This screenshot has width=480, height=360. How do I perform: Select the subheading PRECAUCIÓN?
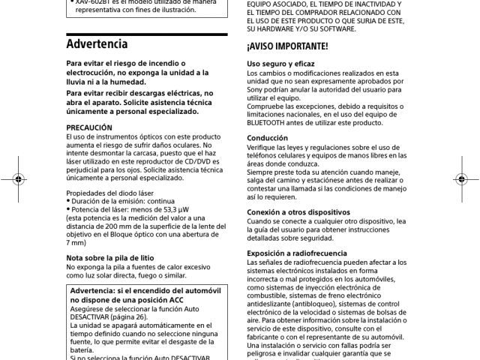point(89,128)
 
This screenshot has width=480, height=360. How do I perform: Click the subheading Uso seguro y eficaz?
point(281,64)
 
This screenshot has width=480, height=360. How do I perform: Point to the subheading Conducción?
point(268,138)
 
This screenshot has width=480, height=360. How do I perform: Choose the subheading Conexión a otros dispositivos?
point(298,212)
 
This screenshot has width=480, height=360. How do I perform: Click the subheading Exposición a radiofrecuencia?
point(298,253)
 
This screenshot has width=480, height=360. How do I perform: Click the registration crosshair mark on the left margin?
point(16,181)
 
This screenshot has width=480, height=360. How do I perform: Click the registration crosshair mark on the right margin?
point(462,181)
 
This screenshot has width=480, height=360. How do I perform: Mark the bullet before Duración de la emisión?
point(69,202)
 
